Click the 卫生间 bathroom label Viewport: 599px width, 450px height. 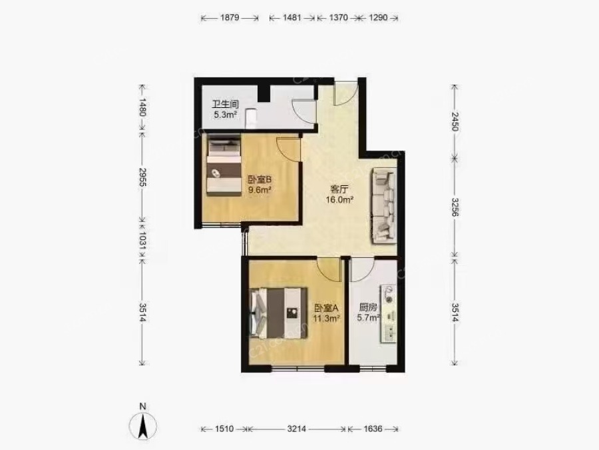coord(226,104)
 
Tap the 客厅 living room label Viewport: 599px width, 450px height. coord(339,189)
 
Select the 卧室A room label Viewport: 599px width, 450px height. coord(327,308)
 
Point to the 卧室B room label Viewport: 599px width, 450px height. coord(260,179)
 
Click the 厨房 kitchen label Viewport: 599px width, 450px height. coord(368,307)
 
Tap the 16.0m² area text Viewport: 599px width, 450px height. coord(339,199)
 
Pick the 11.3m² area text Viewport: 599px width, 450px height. coord(327,319)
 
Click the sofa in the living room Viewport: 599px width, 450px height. coord(383,206)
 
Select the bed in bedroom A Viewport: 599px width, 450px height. coord(278,313)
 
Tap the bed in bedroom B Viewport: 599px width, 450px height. coord(224,167)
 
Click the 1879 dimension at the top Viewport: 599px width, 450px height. coord(230,17)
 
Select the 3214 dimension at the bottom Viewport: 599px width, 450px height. coord(296,429)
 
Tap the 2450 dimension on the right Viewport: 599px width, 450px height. coord(455,121)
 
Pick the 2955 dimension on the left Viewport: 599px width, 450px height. coord(142,177)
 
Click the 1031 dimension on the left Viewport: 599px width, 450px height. coord(142,241)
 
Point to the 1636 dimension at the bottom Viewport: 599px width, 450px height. coord(373,429)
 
